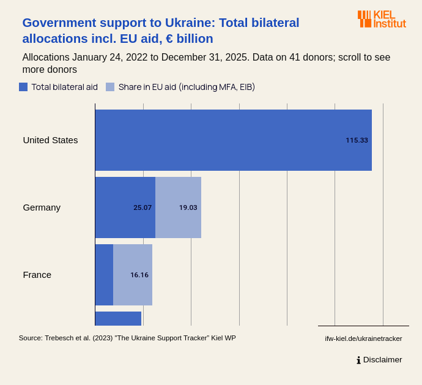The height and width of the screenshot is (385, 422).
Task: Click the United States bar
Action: pyautogui.click(x=232, y=140)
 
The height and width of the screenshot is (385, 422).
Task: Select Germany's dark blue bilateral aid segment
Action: pyautogui.click(x=125, y=207)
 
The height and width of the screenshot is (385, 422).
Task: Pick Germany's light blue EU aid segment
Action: pyautogui.click(x=178, y=207)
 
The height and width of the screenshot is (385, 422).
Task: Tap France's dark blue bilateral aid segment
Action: pyautogui.click(x=104, y=275)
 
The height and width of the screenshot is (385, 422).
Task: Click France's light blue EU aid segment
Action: pyautogui.click(x=133, y=275)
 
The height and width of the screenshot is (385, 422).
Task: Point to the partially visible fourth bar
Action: pyautogui.click(x=118, y=318)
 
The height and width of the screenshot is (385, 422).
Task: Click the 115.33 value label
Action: pyautogui.click(x=357, y=140)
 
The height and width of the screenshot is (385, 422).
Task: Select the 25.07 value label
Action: pyautogui.click(x=143, y=207)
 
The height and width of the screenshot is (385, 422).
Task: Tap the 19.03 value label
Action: pyautogui.click(x=188, y=207)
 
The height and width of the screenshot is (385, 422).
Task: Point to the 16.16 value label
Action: pyautogui.click(x=139, y=275)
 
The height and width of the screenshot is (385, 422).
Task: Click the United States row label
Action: pyautogui.click(x=50, y=140)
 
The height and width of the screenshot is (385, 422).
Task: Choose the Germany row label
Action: pyautogui.click(x=42, y=207)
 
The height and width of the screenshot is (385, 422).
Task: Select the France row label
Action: pyautogui.click(x=37, y=275)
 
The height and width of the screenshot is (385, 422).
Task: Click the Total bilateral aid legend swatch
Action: pyautogui.click(x=23, y=87)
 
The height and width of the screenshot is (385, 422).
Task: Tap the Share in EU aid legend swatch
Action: pyautogui.click(x=110, y=87)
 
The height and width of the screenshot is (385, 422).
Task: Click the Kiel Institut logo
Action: pyautogui.click(x=382, y=19)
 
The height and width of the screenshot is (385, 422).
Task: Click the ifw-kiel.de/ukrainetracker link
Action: pyautogui.click(x=363, y=338)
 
